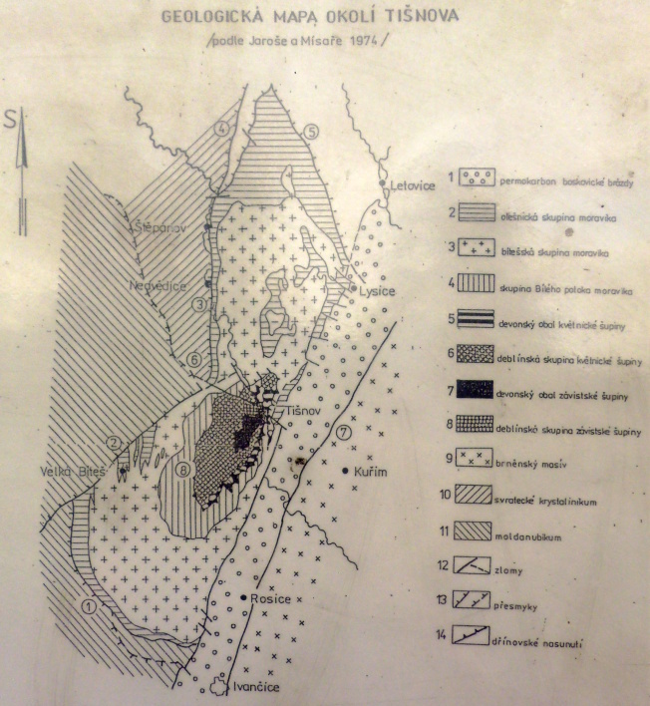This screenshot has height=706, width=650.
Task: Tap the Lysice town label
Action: click(x=375, y=290)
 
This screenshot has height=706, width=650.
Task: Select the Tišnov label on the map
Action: click(x=306, y=411)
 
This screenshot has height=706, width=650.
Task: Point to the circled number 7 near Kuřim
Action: click(x=345, y=432)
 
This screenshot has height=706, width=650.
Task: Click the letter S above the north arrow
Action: click(x=12, y=122)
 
